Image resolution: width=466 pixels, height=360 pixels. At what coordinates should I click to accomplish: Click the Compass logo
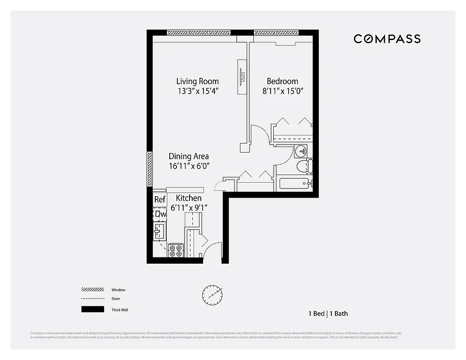(x=387, y=39)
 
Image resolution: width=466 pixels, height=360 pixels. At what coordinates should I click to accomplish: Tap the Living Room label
(x=197, y=81)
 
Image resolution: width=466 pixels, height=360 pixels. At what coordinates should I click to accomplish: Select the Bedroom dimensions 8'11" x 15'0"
(x=282, y=91)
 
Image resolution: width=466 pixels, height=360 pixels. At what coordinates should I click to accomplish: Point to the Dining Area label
(x=189, y=156)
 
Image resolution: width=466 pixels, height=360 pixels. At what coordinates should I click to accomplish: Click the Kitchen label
(x=189, y=198)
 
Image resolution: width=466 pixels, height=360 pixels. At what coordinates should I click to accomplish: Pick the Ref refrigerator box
(x=160, y=199)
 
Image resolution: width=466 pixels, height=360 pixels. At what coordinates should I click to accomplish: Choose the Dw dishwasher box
(x=160, y=214)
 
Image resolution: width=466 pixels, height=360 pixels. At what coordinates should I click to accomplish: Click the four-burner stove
(x=176, y=251)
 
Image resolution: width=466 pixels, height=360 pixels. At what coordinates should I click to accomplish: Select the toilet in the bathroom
(x=304, y=166)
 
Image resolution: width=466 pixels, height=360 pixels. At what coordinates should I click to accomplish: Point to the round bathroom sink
(x=301, y=150)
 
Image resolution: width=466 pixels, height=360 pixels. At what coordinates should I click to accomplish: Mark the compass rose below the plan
(x=212, y=295)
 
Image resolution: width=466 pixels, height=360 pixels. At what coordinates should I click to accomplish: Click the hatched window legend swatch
(x=92, y=290)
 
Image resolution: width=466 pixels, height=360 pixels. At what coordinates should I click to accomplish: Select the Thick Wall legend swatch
(x=92, y=309)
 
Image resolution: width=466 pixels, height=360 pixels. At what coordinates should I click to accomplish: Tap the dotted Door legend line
(x=92, y=299)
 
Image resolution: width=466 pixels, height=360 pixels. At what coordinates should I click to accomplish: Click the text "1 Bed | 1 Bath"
(x=328, y=314)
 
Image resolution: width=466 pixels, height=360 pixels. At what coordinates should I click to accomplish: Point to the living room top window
(x=198, y=32)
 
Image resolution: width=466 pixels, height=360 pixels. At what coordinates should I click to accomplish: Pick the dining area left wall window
(x=149, y=169)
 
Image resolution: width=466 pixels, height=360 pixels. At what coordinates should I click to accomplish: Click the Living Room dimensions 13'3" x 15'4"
(x=198, y=91)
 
